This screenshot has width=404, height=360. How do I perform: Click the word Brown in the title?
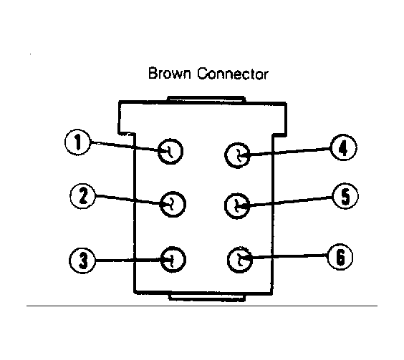(x=170, y=74)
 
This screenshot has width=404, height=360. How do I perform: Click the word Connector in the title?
(x=233, y=74)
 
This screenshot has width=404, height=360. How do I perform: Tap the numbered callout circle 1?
(x=77, y=142)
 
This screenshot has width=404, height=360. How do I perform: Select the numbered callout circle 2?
(x=82, y=196)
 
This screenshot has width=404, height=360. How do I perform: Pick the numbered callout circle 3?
(x=82, y=261)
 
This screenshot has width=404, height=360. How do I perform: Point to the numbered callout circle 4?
(x=343, y=147)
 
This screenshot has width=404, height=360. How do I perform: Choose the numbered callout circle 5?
(x=345, y=196)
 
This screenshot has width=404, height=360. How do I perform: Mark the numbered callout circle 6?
(x=340, y=257)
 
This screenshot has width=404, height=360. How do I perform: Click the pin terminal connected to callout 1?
(x=170, y=152)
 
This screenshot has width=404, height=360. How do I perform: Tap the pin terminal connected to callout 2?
(x=173, y=205)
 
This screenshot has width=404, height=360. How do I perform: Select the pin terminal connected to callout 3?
(x=173, y=260)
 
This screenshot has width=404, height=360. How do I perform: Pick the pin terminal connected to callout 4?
(x=237, y=155)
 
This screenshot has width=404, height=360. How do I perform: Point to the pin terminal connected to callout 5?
(x=237, y=206)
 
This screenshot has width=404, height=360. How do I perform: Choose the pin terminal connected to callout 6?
(x=240, y=260)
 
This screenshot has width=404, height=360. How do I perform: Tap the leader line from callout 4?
(x=285, y=152)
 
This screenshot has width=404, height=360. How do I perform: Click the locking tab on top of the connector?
(x=206, y=99)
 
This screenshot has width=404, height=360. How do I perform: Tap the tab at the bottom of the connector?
(x=207, y=298)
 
